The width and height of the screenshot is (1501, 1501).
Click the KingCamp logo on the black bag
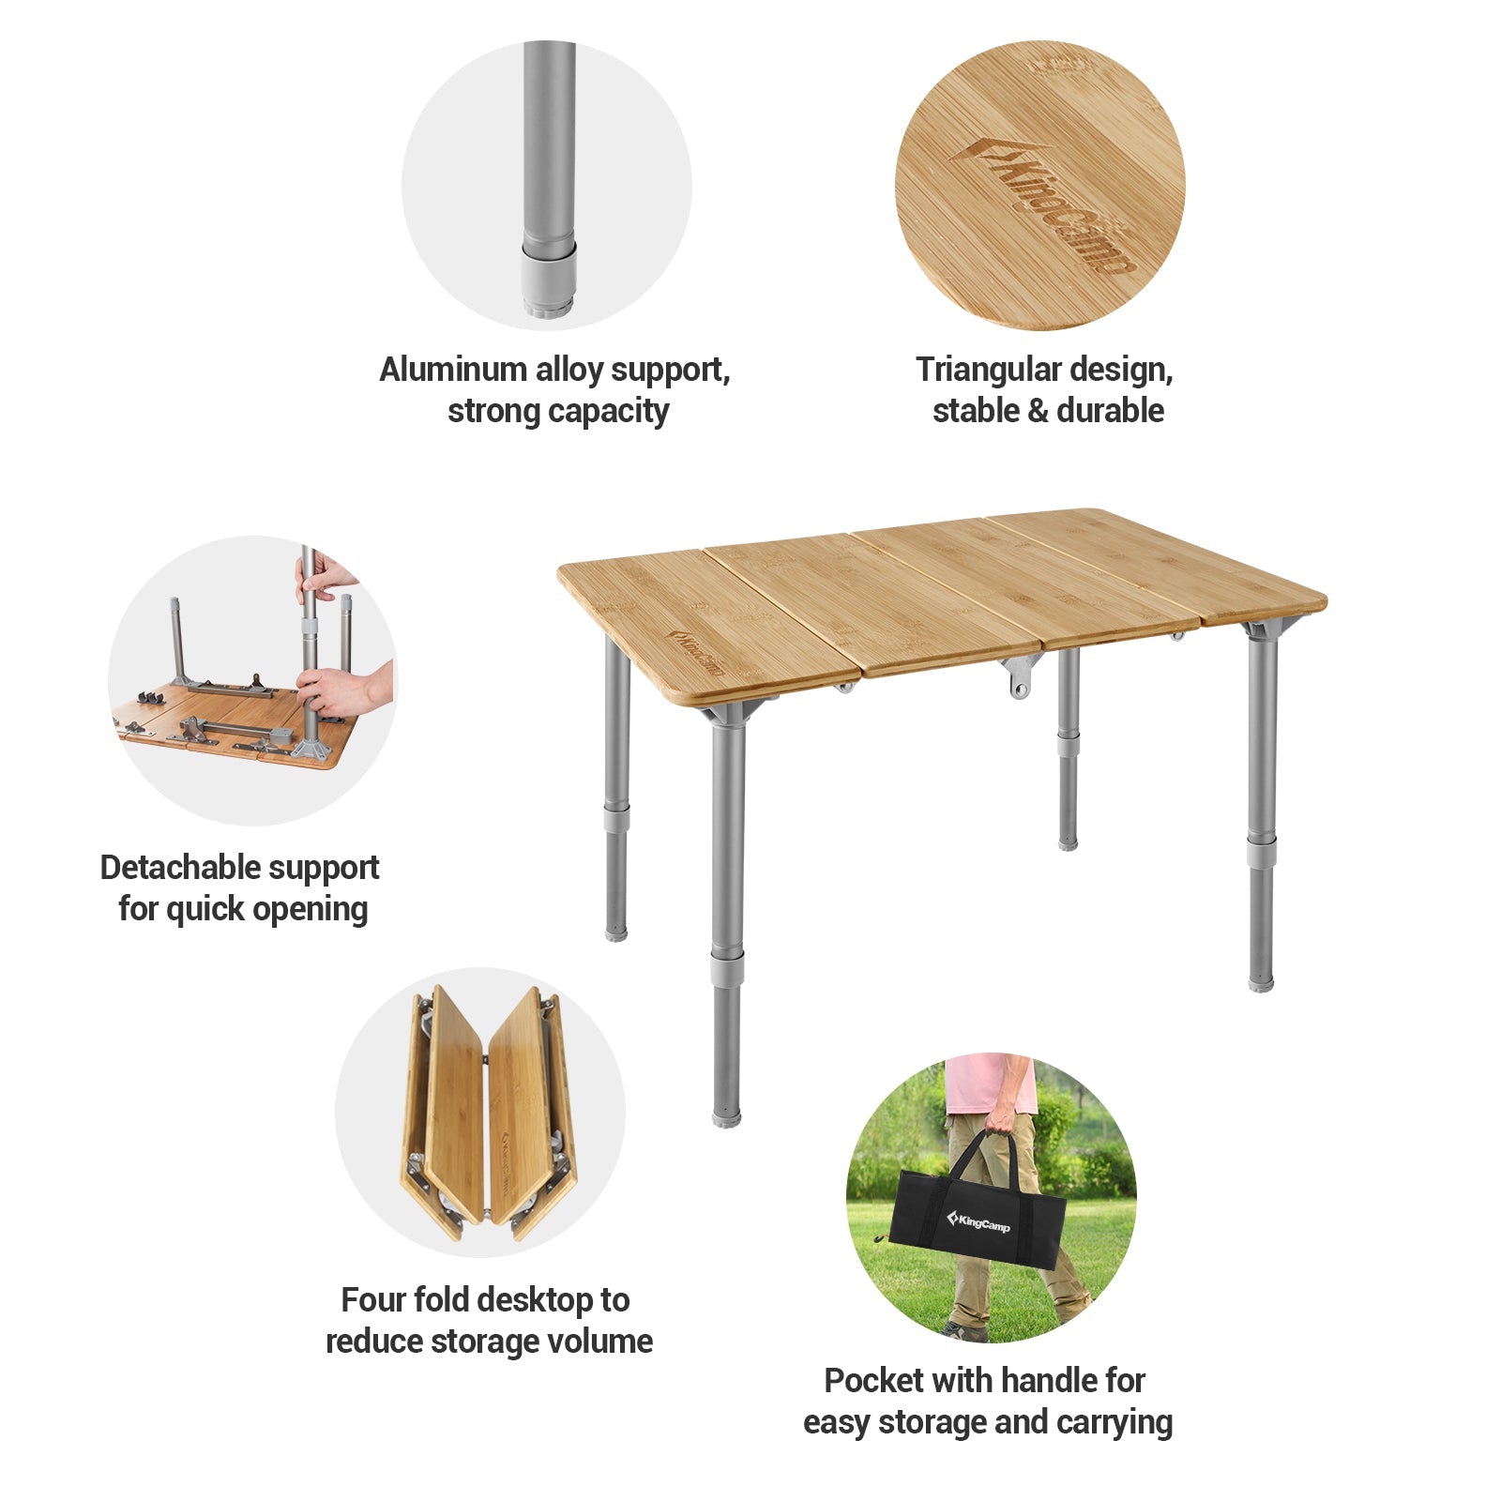tap(979, 1221)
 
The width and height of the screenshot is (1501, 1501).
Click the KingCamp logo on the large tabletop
tap(695, 652)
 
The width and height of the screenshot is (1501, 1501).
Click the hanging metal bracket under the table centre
tap(1020, 675)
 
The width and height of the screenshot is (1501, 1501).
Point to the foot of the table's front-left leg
tap(726, 1115)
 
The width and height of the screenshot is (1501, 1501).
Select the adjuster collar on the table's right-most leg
tap(1262, 852)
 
